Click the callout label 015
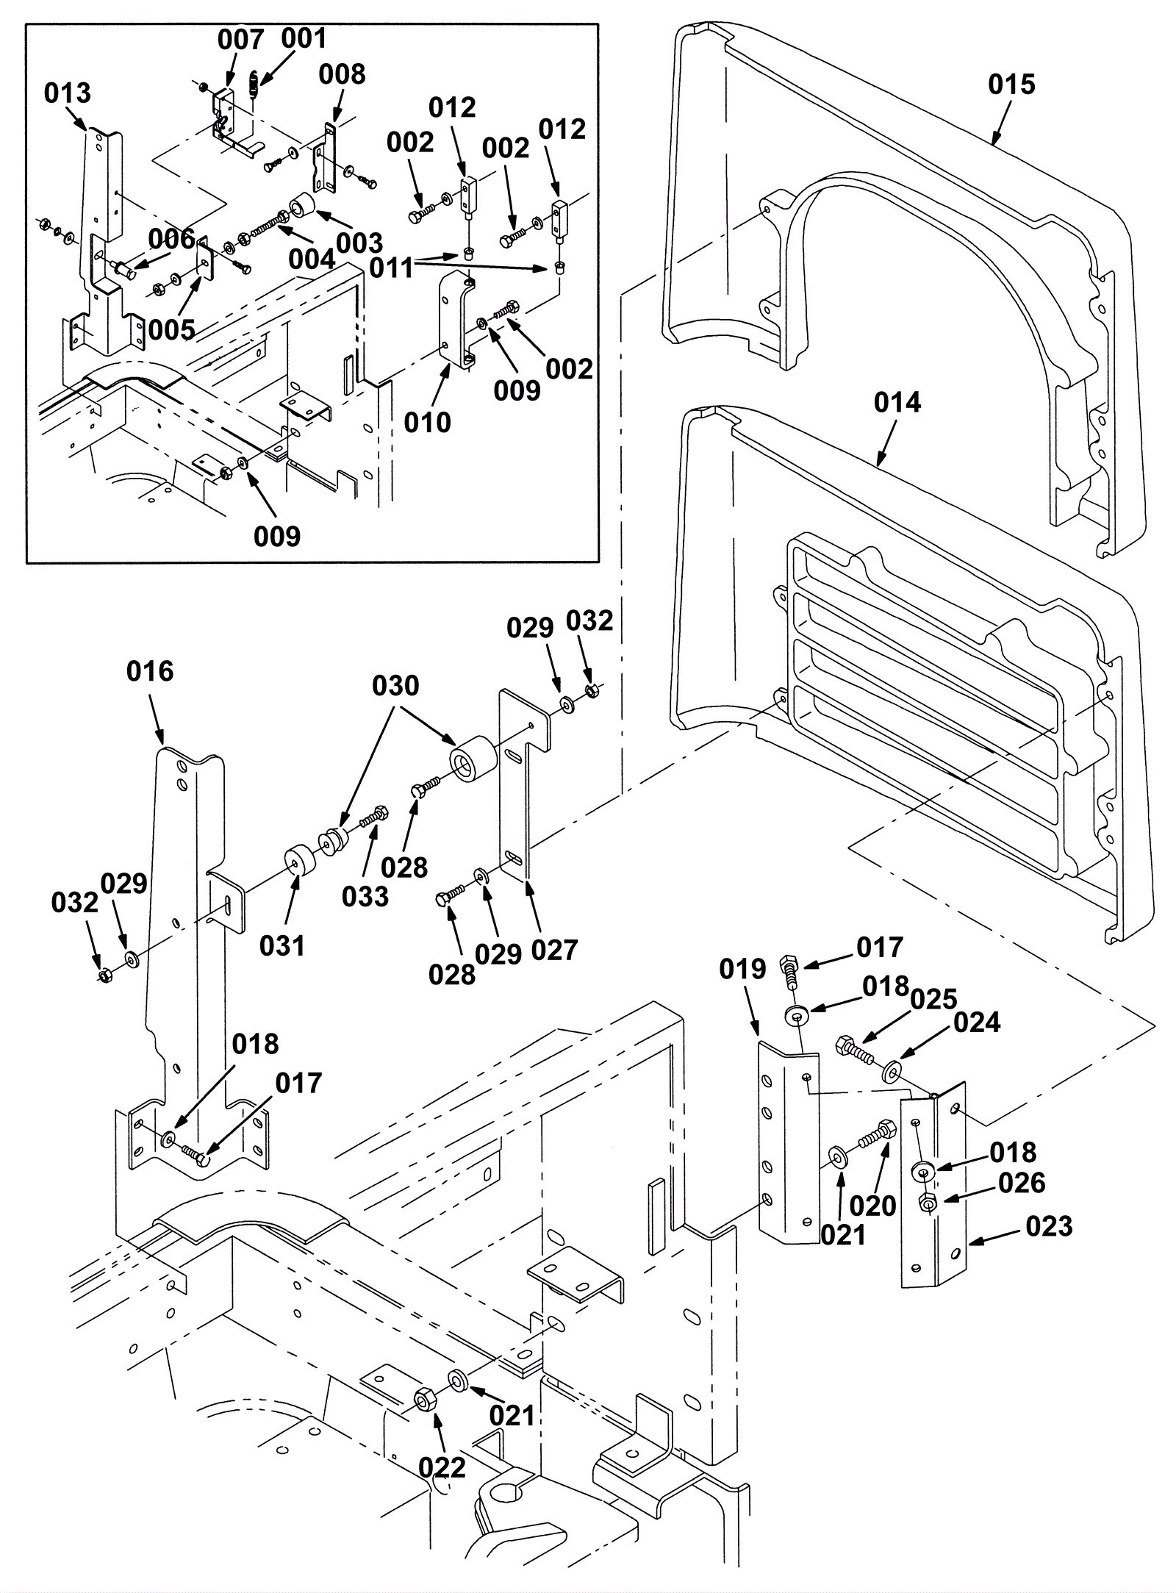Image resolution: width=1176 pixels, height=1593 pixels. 1011,85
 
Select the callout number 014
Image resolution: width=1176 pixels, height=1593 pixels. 897,402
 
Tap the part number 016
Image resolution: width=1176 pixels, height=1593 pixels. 150,671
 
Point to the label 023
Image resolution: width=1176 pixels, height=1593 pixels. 1049,1226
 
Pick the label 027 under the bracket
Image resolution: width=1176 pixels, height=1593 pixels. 554,950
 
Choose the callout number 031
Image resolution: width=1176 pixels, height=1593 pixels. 282,945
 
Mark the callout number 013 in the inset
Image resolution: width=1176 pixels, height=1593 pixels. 68,93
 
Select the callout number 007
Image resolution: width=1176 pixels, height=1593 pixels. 240,40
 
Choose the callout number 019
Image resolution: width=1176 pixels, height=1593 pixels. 743,970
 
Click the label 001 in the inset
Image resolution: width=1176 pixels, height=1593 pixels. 303,38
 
